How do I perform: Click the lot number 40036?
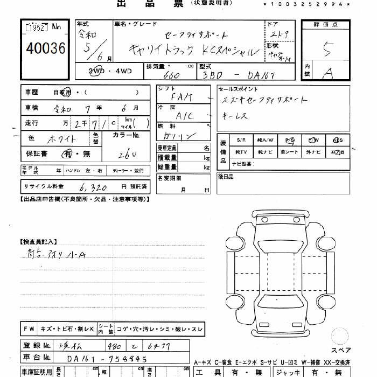[45, 49]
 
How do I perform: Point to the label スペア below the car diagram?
[341, 349]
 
